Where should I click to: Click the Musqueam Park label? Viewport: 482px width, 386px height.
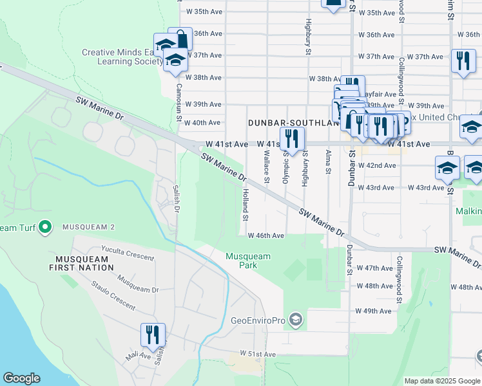coord(248,261)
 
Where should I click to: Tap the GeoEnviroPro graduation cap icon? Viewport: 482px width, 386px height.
coord(295,320)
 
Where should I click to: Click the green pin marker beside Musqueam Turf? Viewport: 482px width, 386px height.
coord(44,227)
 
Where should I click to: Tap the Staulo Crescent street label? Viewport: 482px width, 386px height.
coord(113,295)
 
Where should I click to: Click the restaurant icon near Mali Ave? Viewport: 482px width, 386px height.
coord(153,335)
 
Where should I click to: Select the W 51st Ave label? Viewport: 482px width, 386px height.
coord(258,354)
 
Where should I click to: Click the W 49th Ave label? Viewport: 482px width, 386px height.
coord(374,311)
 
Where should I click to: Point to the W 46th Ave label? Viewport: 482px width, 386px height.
coord(265,236)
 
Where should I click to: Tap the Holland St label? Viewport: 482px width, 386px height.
coord(246,205)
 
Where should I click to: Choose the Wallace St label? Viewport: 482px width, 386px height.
coord(266,166)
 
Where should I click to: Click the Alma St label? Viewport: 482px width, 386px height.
coord(329,163)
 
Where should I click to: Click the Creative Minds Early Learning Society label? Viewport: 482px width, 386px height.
coord(122,57)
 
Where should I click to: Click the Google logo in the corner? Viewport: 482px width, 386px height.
coord(21,378)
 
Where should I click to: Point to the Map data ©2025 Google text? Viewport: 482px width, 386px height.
coord(442,381)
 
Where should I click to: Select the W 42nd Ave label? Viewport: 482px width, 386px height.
coord(377,165)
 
